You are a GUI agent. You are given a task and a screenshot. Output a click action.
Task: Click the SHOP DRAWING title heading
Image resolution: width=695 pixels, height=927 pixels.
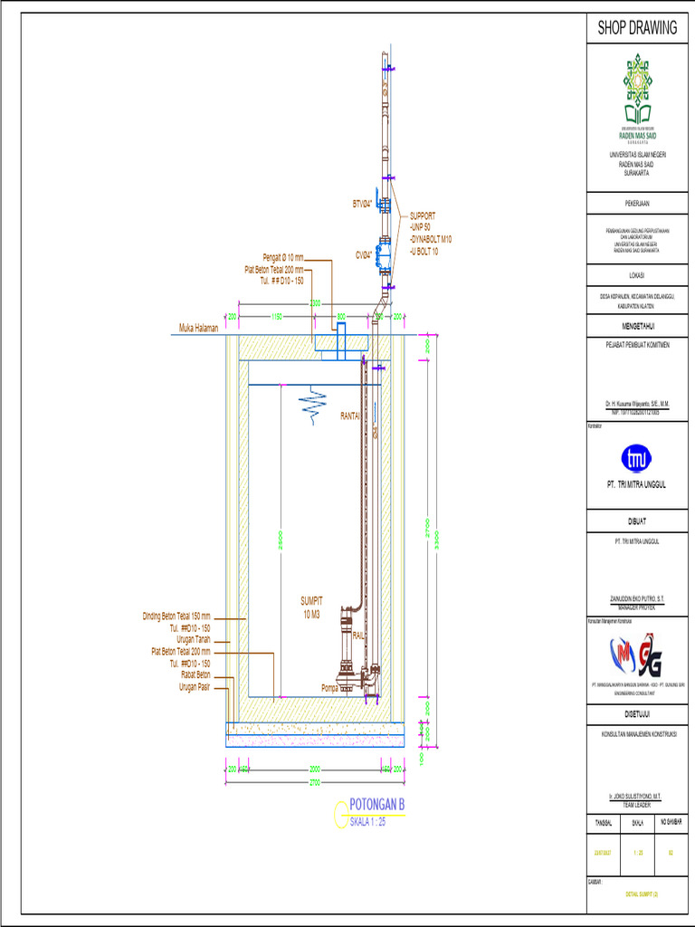[x=637, y=28]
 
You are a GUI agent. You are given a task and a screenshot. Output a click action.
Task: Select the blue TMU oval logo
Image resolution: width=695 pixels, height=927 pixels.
[x=637, y=457]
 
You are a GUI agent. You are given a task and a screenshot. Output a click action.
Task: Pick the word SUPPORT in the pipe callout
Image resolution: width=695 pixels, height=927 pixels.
[x=423, y=216]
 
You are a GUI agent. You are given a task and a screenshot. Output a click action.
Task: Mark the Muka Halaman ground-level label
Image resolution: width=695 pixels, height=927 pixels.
[x=199, y=328]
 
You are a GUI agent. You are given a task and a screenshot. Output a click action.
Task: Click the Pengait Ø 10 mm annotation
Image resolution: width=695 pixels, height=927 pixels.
[x=283, y=258]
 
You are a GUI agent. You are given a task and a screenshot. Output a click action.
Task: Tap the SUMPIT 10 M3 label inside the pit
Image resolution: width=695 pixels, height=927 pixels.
[x=311, y=607]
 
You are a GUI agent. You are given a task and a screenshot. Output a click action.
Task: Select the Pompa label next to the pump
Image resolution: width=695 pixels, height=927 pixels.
[x=330, y=688]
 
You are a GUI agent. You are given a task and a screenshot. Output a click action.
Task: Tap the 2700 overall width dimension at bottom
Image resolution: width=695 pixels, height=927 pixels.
[x=314, y=779]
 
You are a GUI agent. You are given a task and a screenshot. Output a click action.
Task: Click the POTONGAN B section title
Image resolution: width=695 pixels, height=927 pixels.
[x=376, y=806]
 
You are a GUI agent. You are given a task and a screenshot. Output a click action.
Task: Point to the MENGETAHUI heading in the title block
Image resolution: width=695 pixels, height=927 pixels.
[x=637, y=326]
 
